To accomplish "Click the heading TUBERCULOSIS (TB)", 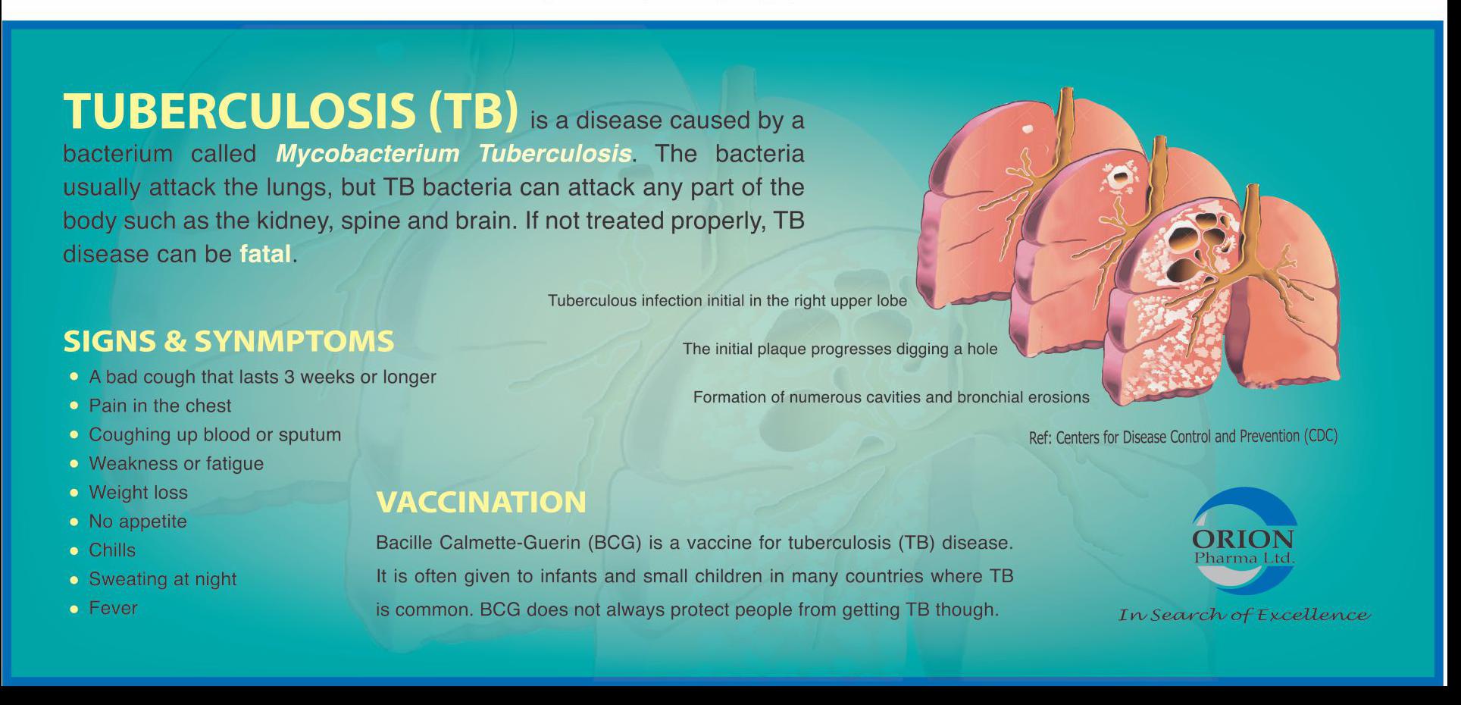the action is click(291, 111).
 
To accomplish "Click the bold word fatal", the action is click(265, 254).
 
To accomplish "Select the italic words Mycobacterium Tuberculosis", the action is click(453, 154).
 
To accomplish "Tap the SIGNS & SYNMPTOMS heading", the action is click(229, 341).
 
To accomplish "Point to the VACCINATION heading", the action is click(481, 502).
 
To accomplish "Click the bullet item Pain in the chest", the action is click(160, 406).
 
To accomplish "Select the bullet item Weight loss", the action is click(138, 493).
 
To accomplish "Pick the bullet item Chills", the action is click(112, 550).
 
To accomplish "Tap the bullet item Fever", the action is click(113, 608).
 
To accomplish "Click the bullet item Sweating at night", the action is click(163, 579).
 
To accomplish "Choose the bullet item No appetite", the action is click(138, 522).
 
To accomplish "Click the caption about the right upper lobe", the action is click(727, 301).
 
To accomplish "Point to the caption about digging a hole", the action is click(840, 349).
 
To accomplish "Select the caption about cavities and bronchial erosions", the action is click(891, 398).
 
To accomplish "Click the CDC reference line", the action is click(1183, 437).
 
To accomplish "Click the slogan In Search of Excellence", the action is click(1244, 615).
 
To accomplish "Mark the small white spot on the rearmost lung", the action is click(1028, 129).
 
